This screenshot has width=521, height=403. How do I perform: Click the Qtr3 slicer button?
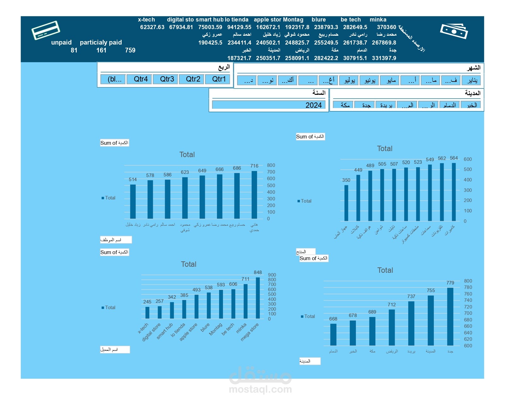click(x=167, y=79)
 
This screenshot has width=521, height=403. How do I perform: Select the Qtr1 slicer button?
click(x=219, y=79)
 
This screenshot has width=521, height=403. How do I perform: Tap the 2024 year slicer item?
click(x=269, y=105)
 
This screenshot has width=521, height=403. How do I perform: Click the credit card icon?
click(x=46, y=30)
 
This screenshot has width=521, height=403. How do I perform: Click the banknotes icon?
click(x=454, y=31)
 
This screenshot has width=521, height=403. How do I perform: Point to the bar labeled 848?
click(x=258, y=298)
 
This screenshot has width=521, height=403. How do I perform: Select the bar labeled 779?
click(x=450, y=316)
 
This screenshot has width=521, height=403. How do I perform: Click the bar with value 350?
click(x=346, y=203)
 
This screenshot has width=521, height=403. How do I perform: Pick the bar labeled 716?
click(x=254, y=195)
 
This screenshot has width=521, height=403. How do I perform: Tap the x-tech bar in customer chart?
click(x=147, y=313)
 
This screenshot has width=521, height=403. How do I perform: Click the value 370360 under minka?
click(x=386, y=27)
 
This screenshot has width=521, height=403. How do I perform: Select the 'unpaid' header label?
click(x=61, y=42)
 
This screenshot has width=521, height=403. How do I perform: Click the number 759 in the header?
click(x=130, y=50)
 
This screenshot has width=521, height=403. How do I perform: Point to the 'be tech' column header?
click(x=350, y=20)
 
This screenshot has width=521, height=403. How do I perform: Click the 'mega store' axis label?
click(x=249, y=332)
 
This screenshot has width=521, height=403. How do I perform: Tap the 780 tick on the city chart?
click(x=468, y=287)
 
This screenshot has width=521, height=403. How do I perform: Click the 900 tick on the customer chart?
click(x=272, y=275)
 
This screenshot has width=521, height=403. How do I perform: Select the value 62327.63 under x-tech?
click(x=152, y=27)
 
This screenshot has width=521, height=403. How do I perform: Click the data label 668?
click(x=333, y=319)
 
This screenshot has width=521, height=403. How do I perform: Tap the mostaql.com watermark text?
click(x=260, y=389)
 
